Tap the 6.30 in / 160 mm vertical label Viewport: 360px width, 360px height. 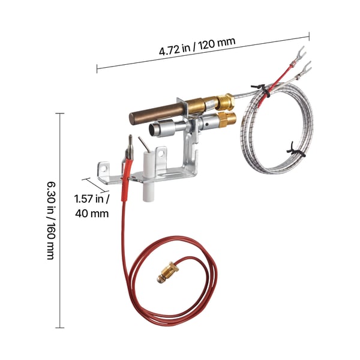51,221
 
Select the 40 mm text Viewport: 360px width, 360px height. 92,214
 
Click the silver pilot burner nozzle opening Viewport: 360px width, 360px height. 152,130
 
